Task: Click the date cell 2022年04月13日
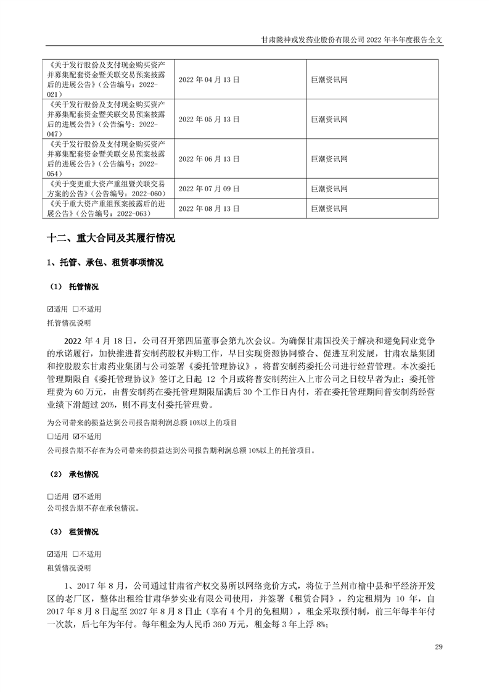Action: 208,80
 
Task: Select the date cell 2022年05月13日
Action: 208,119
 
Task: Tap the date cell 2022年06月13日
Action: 208,159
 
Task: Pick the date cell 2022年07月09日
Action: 208,189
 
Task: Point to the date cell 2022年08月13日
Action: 208,209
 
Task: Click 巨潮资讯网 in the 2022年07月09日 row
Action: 329,189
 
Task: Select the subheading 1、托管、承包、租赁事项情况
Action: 105,263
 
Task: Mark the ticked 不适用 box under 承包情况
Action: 76,497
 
